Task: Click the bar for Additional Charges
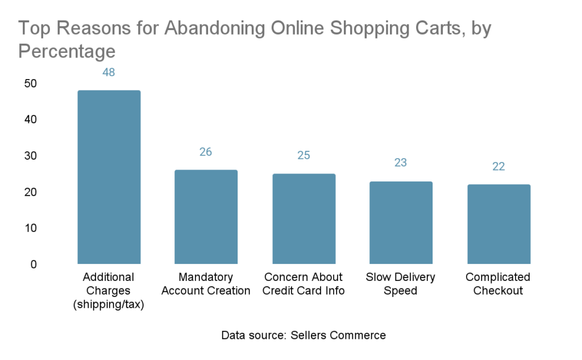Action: (109, 177)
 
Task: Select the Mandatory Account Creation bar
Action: (206, 217)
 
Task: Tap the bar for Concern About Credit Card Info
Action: (304, 218)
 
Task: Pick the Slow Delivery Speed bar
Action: (401, 222)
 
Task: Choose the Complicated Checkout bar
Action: (498, 224)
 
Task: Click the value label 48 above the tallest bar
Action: (109, 73)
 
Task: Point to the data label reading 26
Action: (206, 152)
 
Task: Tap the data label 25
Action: (304, 156)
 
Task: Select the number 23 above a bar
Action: (401, 163)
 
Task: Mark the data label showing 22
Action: (498, 167)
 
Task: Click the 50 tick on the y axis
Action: (30, 84)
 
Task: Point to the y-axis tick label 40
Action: (30, 120)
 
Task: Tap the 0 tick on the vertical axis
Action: (34, 264)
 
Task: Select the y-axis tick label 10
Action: (30, 228)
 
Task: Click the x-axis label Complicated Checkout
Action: (498, 284)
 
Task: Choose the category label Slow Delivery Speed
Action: (400, 284)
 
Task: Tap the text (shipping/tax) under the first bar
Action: (109, 305)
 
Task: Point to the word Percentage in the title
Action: (67, 52)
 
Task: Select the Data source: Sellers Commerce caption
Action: (304, 335)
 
